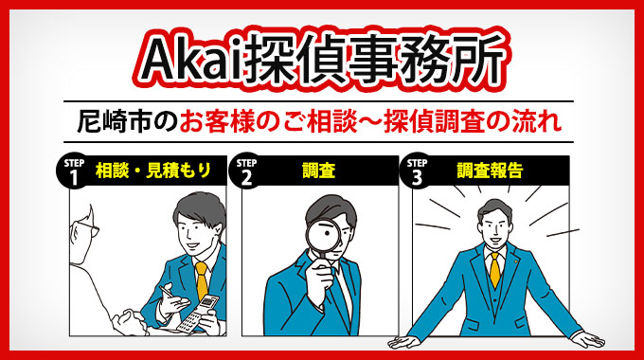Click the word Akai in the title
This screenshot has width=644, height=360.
tap(187, 59)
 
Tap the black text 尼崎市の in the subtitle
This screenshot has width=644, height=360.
tap(129, 122)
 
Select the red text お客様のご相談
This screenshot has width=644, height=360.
tap(270, 122)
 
